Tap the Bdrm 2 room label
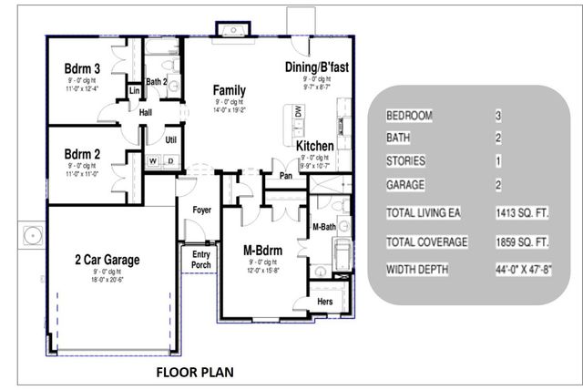(82, 155)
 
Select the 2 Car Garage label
(107, 260)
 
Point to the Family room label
(230, 90)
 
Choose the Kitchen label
(314, 146)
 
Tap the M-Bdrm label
(262, 250)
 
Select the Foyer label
(201, 210)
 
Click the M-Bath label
(324, 226)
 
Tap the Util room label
(170, 139)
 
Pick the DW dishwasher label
(298, 111)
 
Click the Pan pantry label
(285, 176)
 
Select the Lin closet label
(133, 91)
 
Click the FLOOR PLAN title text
(195, 372)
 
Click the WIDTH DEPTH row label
(421, 271)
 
